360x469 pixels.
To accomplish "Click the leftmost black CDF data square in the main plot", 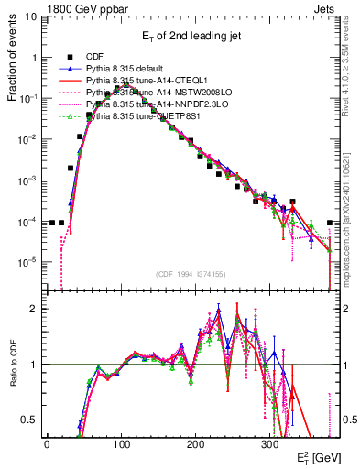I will click(52, 223).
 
